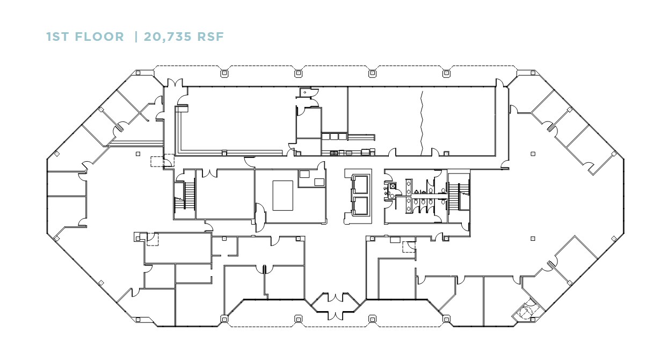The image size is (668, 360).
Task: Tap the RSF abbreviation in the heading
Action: pyautogui.click(x=210, y=37)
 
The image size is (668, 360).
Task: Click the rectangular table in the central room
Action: pyautogui.click(x=283, y=195)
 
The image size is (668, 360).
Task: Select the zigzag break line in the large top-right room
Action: pyautogui.click(x=423, y=121)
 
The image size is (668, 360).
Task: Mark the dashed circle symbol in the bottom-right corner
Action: pyautogui.click(x=525, y=311)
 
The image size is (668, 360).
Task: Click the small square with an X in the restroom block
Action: pyautogui.click(x=392, y=186)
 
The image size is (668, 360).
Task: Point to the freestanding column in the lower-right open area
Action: pyautogui.click(x=533, y=238)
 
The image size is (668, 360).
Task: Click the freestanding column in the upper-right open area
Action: pyautogui.click(x=533, y=154)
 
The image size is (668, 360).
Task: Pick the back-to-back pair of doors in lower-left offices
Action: pyautogui.click(x=264, y=268)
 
